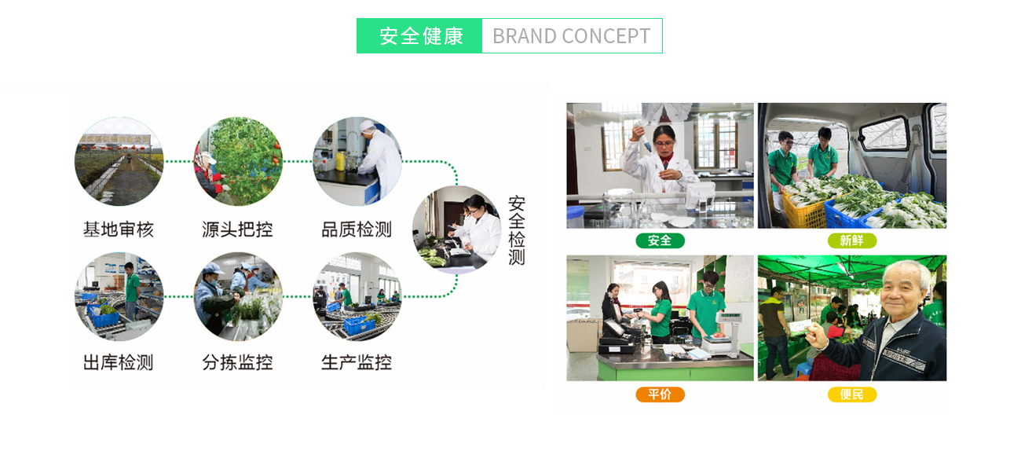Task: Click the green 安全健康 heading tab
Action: pyautogui.click(x=419, y=36)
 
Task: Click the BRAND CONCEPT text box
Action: pyautogui.click(x=572, y=36)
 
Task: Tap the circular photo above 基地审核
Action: pyautogui.click(x=119, y=161)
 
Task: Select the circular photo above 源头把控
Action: pyautogui.click(x=238, y=161)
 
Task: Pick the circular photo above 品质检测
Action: pyautogui.click(x=357, y=161)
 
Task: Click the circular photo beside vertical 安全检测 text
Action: pyautogui.click(x=456, y=229)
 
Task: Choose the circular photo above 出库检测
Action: pyautogui.click(x=119, y=296)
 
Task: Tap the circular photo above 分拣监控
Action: pyautogui.click(x=238, y=296)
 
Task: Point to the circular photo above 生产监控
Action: pyautogui.click(x=357, y=296)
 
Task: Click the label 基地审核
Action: pyautogui.click(x=119, y=229)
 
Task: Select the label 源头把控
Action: pyautogui.click(x=237, y=229)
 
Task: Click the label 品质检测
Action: pyautogui.click(x=357, y=229)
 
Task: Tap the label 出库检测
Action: pyautogui.click(x=119, y=362)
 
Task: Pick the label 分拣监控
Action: pyautogui.click(x=237, y=362)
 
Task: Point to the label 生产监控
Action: pyautogui.click(x=357, y=362)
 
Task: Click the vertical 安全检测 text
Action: pyautogui.click(x=516, y=230)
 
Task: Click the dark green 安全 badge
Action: pyautogui.click(x=660, y=240)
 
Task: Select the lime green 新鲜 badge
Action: pyautogui.click(x=851, y=240)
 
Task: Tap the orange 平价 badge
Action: pyautogui.click(x=660, y=394)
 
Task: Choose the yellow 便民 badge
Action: pyautogui.click(x=851, y=394)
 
